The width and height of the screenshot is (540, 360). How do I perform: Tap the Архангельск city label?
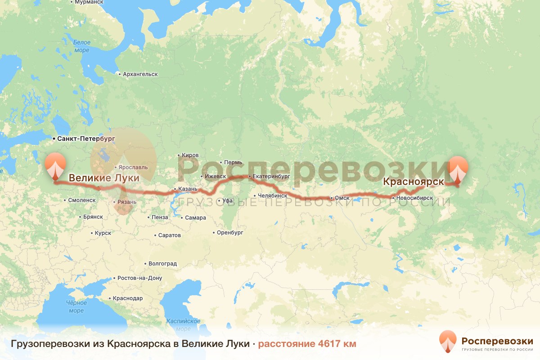tap(139, 74)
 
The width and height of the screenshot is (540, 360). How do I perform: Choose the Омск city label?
tap(342, 198)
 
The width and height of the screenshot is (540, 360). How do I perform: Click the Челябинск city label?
tap(273, 196)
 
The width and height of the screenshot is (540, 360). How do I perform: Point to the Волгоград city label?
tap(162, 263)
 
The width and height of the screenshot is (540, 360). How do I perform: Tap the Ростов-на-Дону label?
tap(139, 278)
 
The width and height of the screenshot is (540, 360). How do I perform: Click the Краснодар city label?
tap(128, 298)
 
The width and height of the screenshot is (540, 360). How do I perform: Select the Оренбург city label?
tap(230, 233)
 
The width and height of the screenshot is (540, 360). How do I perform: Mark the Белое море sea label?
tap(81, 46)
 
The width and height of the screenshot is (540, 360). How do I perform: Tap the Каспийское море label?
tap(183, 324)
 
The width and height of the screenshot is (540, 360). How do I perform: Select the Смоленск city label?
tap(81, 200)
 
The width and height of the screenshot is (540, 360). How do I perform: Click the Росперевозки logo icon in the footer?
tap(447, 341)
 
